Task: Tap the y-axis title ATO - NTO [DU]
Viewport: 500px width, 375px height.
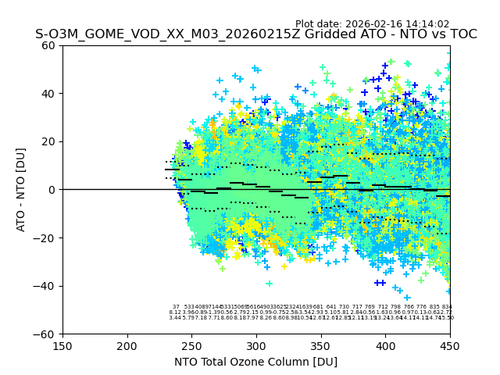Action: pyautogui.click(x=22, y=190)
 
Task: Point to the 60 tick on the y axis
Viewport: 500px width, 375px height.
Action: pyautogui.click(x=49, y=45)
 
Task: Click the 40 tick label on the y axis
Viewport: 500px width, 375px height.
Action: pyautogui.click(x=49, y=94)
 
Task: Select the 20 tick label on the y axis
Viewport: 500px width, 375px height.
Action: pyautogui.click(x=49, y=141)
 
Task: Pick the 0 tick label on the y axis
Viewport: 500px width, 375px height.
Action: pyautogui.click(x=52, y=190)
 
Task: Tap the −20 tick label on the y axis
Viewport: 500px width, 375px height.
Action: pyautogui.click(x=46, y=238)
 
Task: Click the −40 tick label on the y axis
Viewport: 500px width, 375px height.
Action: pyautogui.click(x=46, y=286)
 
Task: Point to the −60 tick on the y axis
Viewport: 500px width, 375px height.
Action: pyautogui.click(x=46, y=334)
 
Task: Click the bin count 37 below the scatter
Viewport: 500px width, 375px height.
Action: pyautogui.click(x=176, y=307)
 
